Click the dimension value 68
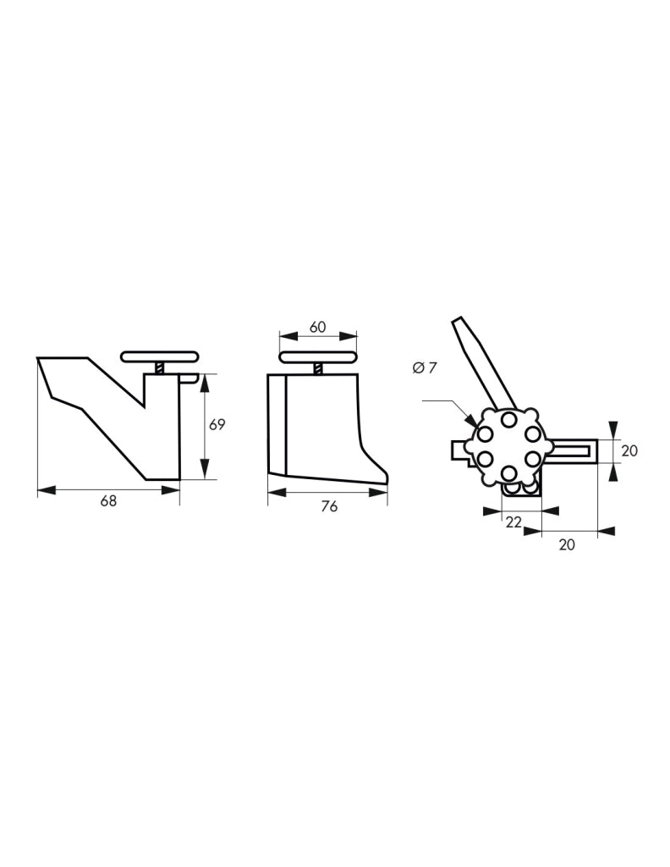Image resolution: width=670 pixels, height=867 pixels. (109, 500)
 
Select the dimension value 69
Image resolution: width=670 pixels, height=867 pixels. (217, 425)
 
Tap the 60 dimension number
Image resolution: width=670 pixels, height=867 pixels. (317, 327)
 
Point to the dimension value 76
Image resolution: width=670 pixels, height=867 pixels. (329, 506)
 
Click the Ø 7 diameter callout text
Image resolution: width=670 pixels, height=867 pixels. (424, 367)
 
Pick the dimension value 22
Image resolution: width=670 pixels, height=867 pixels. (513, 522)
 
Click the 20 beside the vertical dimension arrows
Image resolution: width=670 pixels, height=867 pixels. (629, 450)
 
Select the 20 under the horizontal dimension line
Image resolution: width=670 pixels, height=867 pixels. (567, 544)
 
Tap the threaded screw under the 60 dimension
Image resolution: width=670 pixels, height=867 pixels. (318, 368)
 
